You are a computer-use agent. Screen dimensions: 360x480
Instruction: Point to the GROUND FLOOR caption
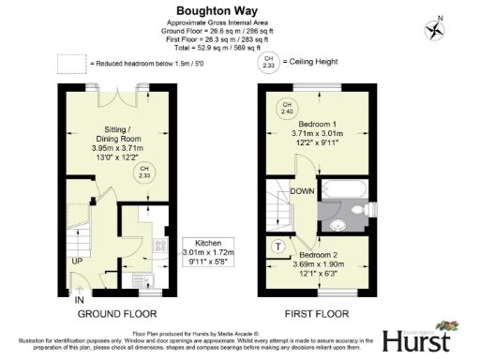click(116, 314)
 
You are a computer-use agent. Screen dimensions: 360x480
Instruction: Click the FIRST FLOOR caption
click(319, 314)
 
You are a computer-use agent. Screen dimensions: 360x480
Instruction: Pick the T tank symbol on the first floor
click(279, 247)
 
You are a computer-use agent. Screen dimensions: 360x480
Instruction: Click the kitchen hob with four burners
click(159, 248)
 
